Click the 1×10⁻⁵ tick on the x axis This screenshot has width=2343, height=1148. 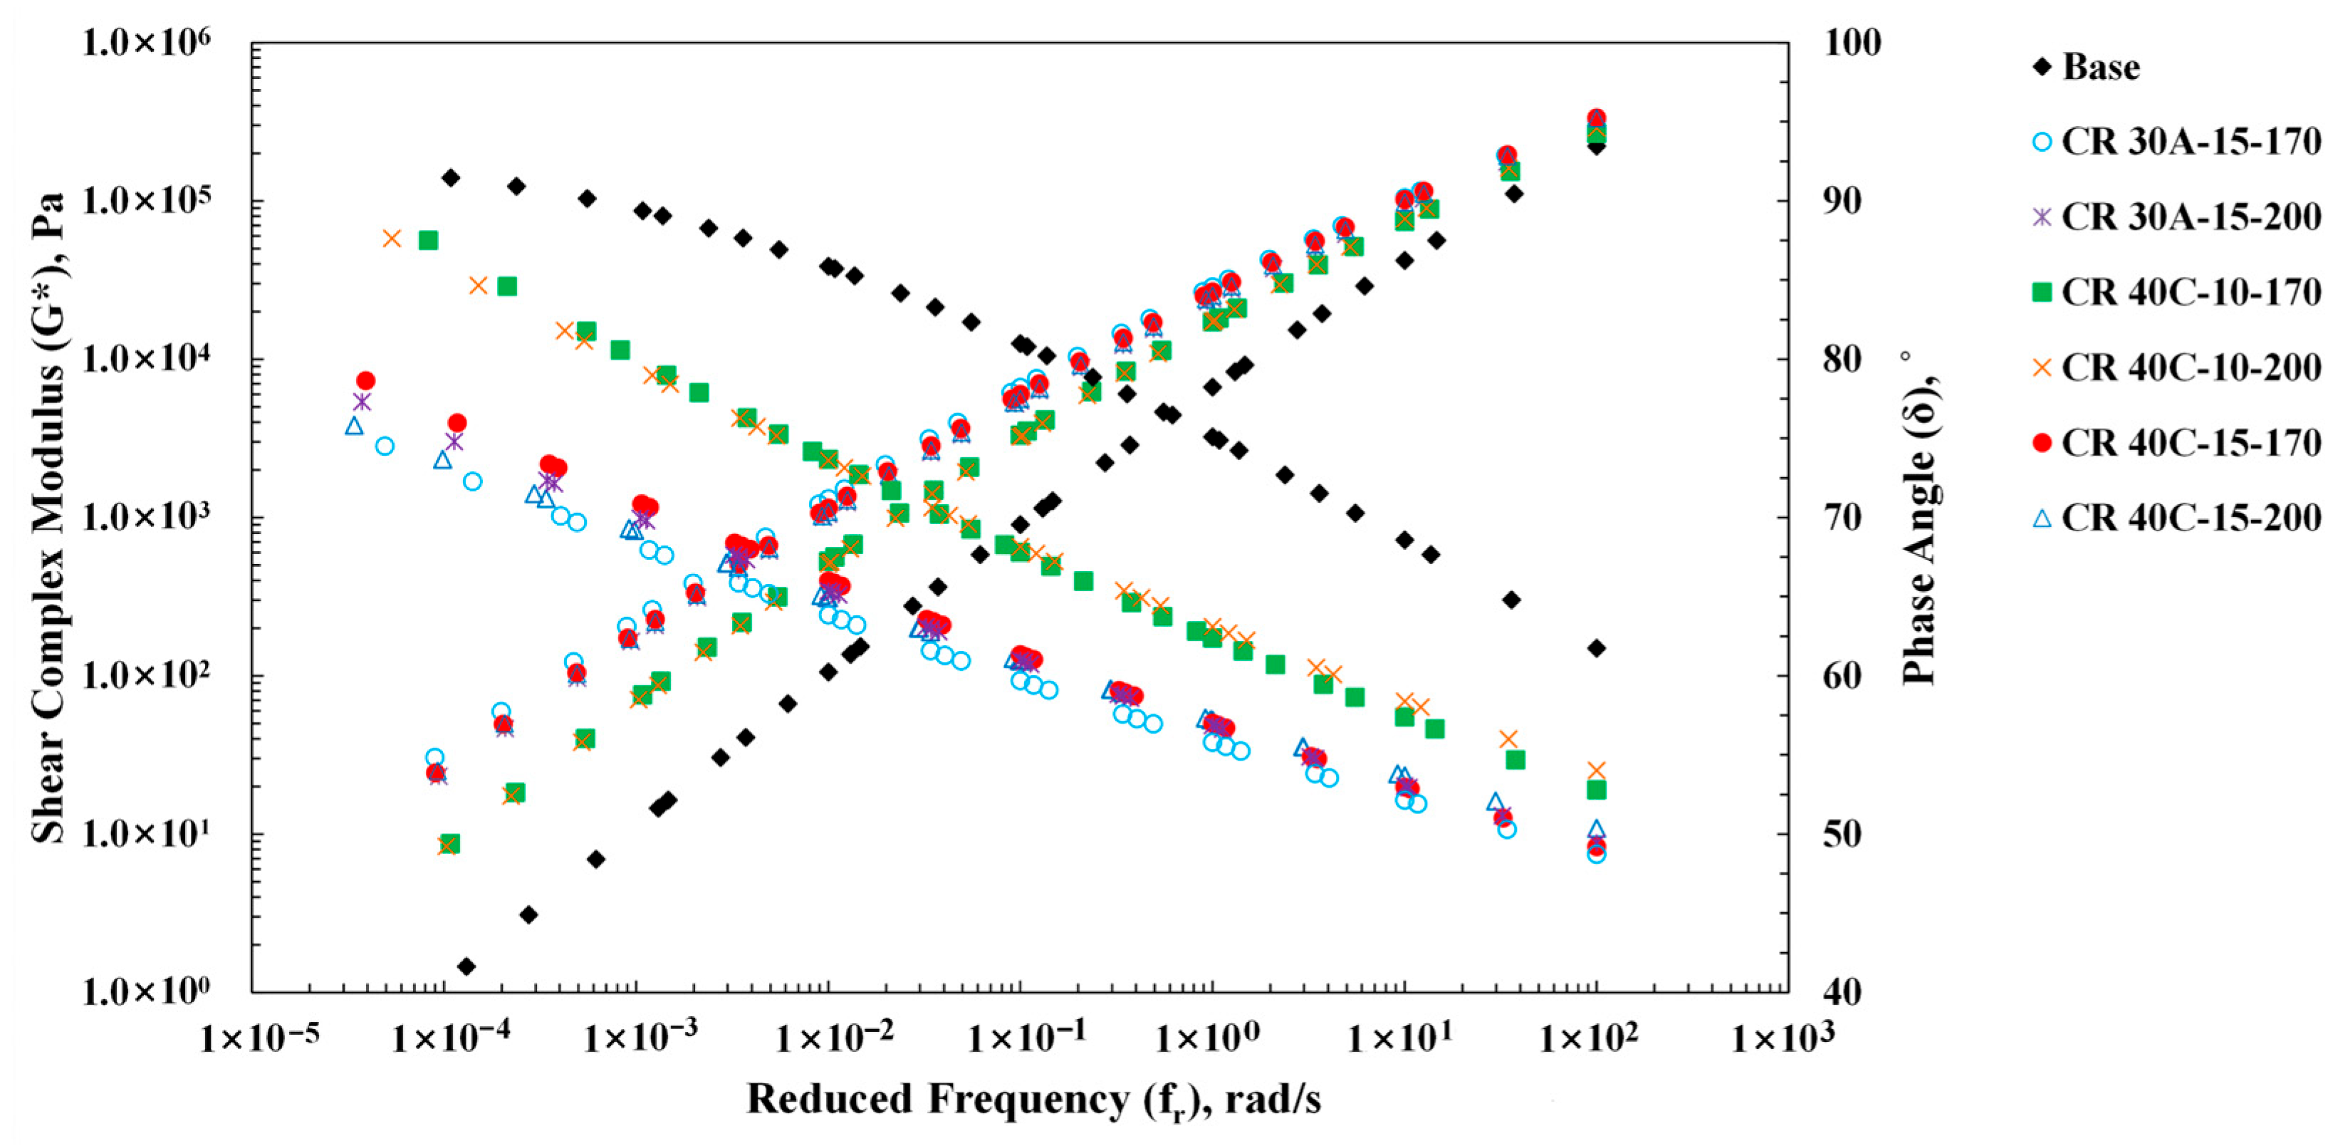pyautogui.click(x=260, y=1038)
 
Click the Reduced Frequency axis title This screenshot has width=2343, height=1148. pyautogui.click(x=1033, y=1100)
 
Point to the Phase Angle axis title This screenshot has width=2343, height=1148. pyautogui.click(x=1919, y=518)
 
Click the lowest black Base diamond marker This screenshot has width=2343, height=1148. pyautogui.click(x=466, y=966)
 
